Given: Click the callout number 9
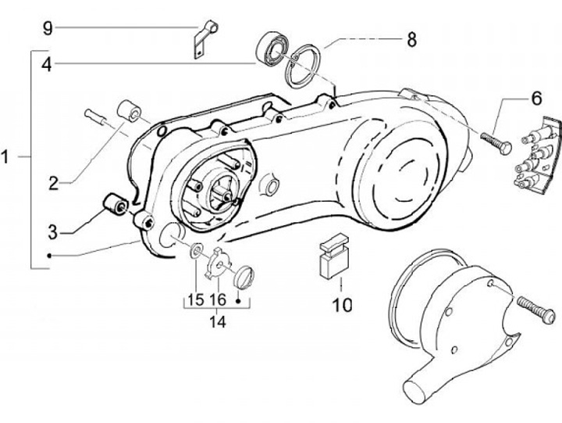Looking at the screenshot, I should pos(48,28).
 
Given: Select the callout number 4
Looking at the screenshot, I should pos(48,65).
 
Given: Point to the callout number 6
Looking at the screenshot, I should pos(536,99).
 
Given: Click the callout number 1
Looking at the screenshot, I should pos(6,157).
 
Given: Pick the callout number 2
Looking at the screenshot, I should pos(52,184).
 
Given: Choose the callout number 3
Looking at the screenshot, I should pos(52,231).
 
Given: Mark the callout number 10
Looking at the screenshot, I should pos(341,303).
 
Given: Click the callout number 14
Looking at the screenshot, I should pos(218,321).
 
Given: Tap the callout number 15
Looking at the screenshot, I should pos(194,299).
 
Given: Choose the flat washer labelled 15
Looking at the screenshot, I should pos(195,251).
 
